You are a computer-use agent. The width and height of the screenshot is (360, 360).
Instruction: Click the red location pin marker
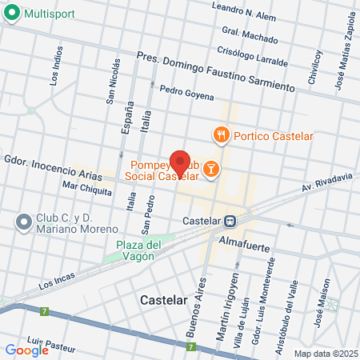[180, 163]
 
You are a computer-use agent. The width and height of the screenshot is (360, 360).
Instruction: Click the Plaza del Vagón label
[139, 250]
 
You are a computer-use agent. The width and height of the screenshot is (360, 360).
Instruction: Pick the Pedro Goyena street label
[186, 94]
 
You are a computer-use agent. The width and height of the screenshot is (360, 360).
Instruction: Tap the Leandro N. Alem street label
[242, 11]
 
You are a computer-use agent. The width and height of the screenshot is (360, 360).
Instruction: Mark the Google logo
[26, 350]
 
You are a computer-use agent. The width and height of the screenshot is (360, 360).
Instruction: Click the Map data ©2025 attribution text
[326, 353]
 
